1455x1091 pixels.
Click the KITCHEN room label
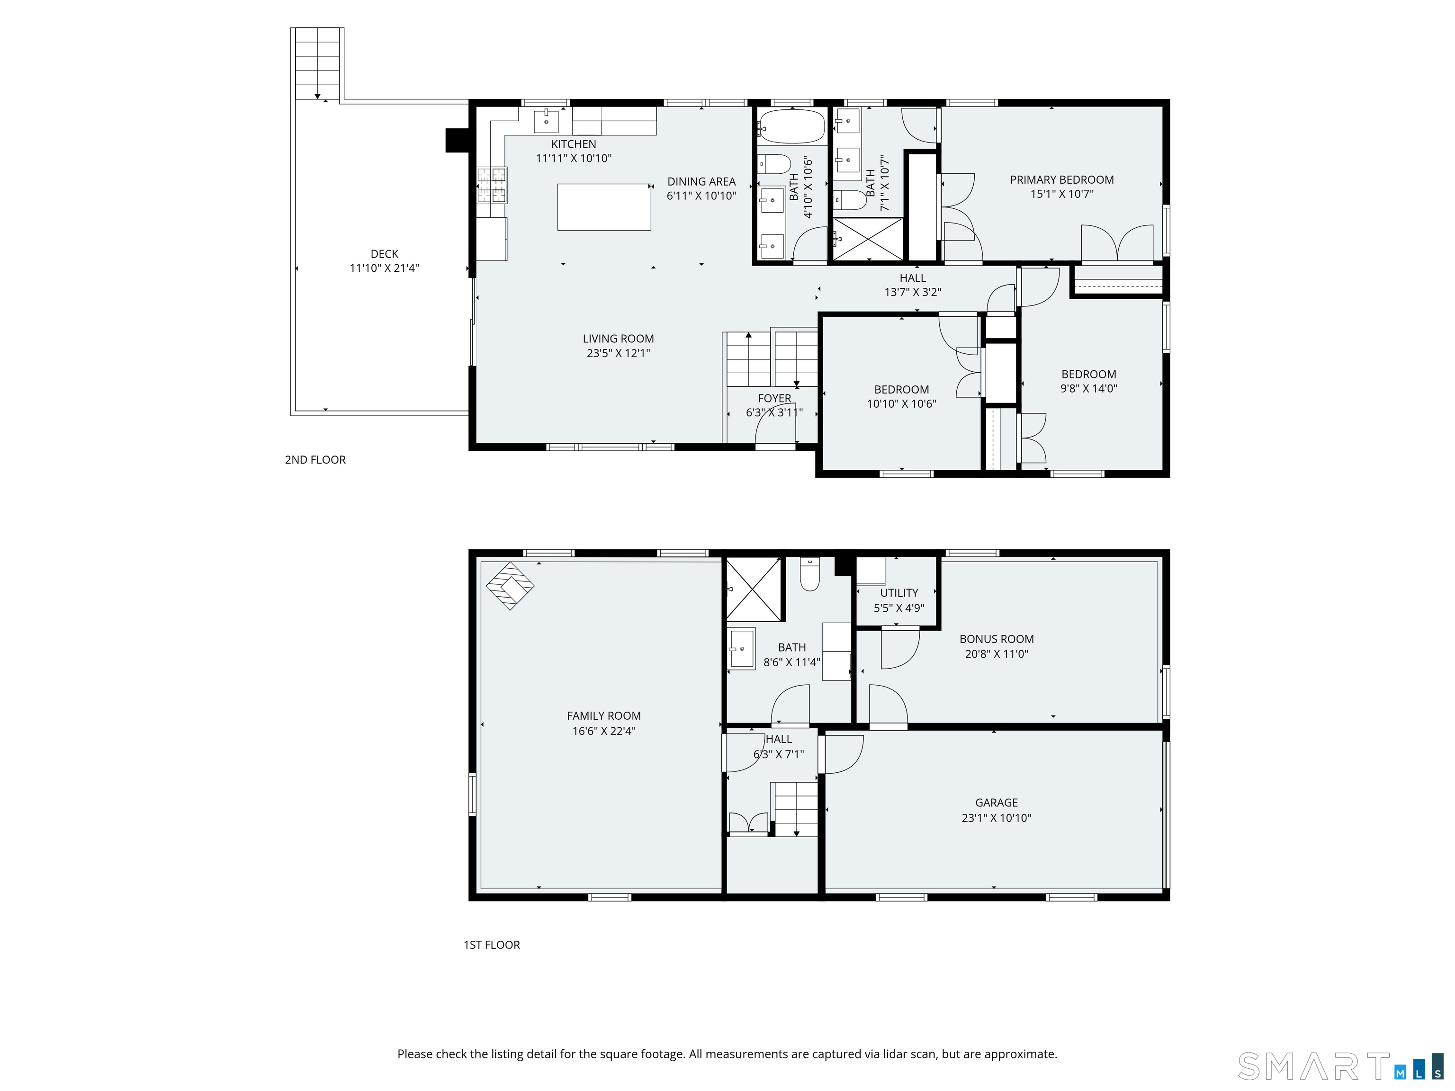pyautogui.click(x=574, y=144)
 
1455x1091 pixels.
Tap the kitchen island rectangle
pyautogui.click(x=604, y=207)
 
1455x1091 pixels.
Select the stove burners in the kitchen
pyautogui.click(x=492, y=185)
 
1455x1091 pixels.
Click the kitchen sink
pyautogui.click(x=546, y=121)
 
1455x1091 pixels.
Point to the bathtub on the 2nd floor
pyautogui.click(x=791, y=126)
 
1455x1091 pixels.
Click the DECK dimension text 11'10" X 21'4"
pyautogui.click(x=384, y=268)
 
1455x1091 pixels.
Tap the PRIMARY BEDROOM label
pyautogui.click(x=1062, y=179)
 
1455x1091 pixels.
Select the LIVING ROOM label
pyautogui.click(x=618, y=339)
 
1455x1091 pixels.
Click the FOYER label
pyautogui.click(x=774, y=399)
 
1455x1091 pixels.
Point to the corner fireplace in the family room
pyautogui.click(x=510, y=585)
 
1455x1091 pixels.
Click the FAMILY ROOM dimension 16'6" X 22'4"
pyautogui.click(x=604, y=731)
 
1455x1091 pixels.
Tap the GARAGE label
pyautogui.click(x=997, y=803)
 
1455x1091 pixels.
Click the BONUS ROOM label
pyautogui.click(x=997, y=639)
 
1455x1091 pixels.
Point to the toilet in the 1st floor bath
pyautogui.click(x=810, y=574)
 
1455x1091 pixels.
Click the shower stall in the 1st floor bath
pyautogui.click(x=754, y=589)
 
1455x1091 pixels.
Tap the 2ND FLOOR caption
pyautogui.click(x=315, y=460)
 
